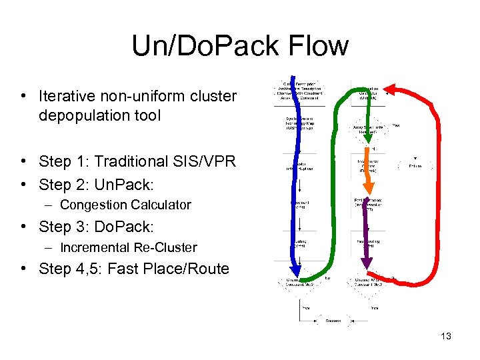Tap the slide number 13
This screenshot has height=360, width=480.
445,336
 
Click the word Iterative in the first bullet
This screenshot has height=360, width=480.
67,96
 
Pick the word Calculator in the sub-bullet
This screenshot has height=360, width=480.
160,205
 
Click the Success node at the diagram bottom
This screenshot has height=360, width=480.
333,321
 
